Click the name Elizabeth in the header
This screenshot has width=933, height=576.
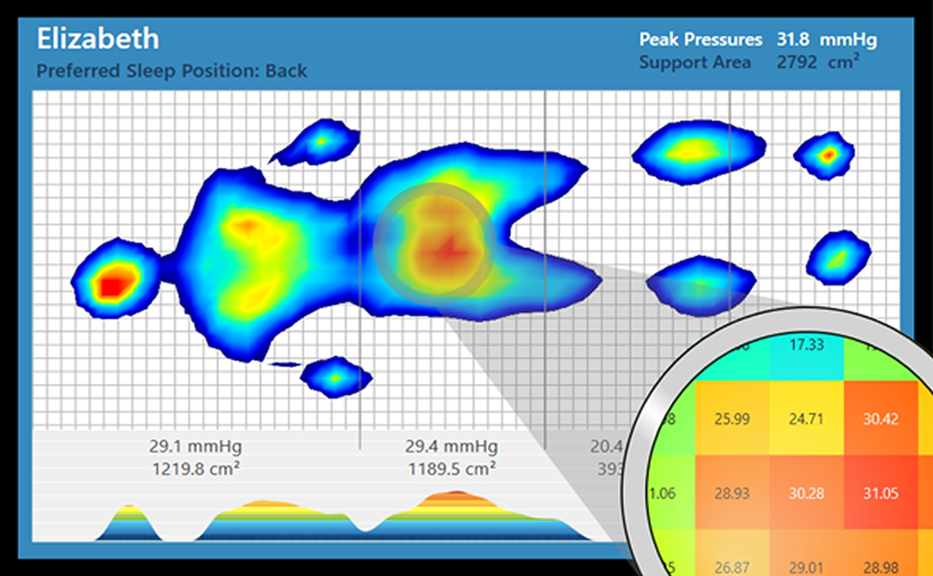point(98,39)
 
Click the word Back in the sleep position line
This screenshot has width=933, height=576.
point(286,71)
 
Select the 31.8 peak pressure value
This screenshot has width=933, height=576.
point(793,39)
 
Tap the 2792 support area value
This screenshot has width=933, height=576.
point(796,62)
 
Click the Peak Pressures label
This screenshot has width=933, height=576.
point(701,39)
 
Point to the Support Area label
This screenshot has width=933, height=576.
point(695,62)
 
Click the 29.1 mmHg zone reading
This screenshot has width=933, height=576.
point(195,446)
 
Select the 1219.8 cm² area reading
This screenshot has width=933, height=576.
point(195,469)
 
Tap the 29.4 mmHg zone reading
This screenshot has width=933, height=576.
point(451,446)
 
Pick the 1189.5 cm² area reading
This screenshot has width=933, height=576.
point(451,469)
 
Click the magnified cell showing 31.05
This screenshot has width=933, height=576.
point(881,493)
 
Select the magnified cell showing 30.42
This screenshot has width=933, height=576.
point(881,419)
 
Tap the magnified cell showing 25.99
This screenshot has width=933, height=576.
point(732,419)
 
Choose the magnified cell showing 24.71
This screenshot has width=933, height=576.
point(806,419)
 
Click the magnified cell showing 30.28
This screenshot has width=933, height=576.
point(806,493)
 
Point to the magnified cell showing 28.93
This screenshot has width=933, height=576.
point(732,493)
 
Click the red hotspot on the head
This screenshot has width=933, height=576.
point(113,285)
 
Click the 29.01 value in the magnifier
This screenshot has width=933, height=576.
point(806,567)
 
